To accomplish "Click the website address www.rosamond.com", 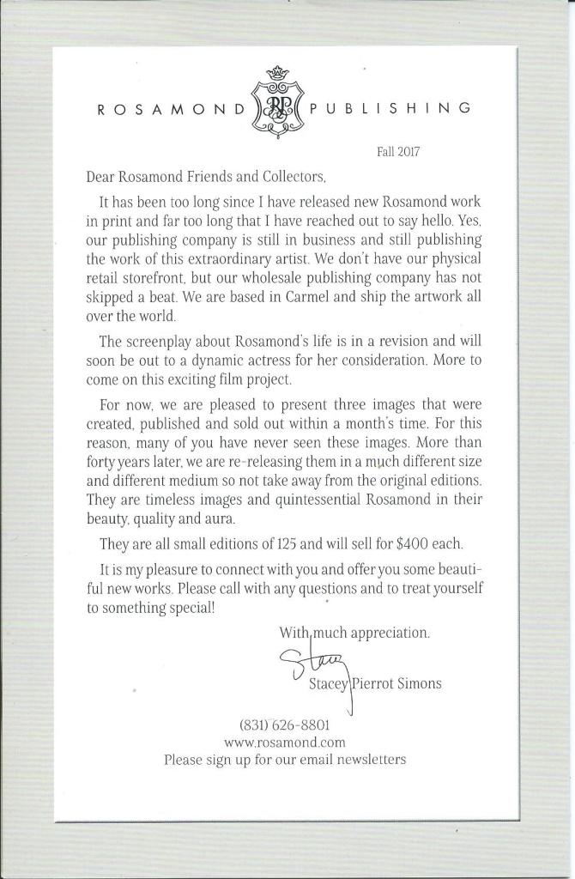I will [x=284, y=742].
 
